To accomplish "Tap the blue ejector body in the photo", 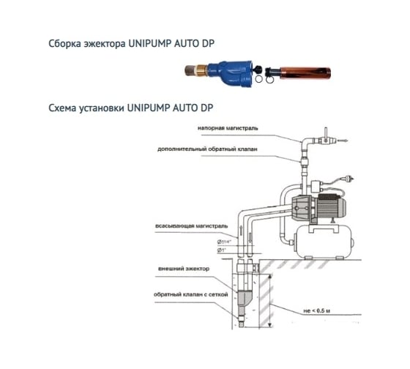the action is (230, 73).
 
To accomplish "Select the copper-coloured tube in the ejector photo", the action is (305, 73).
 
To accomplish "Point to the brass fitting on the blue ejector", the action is (201, 70).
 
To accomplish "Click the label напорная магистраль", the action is (228, 128).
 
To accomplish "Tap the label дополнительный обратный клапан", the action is (207, 149).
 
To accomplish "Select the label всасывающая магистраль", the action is (191, 226).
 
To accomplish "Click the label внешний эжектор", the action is (184, 269).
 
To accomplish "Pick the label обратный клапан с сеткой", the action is (190, 294).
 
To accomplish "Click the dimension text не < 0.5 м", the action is (316, 311).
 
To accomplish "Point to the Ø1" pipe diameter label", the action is (221, 250).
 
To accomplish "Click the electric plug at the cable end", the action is (349, 179).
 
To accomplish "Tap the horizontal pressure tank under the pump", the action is (324, 242).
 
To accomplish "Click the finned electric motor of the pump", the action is (330, 206).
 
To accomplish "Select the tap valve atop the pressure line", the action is (326, 138).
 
